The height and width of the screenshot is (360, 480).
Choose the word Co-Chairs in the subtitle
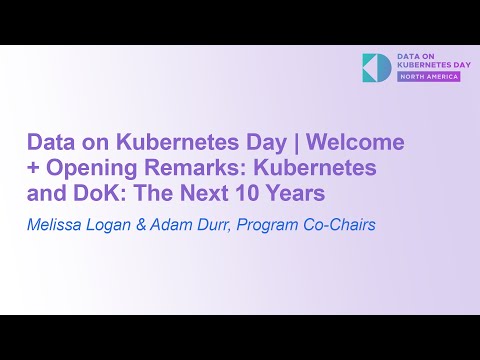pos(342,224)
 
